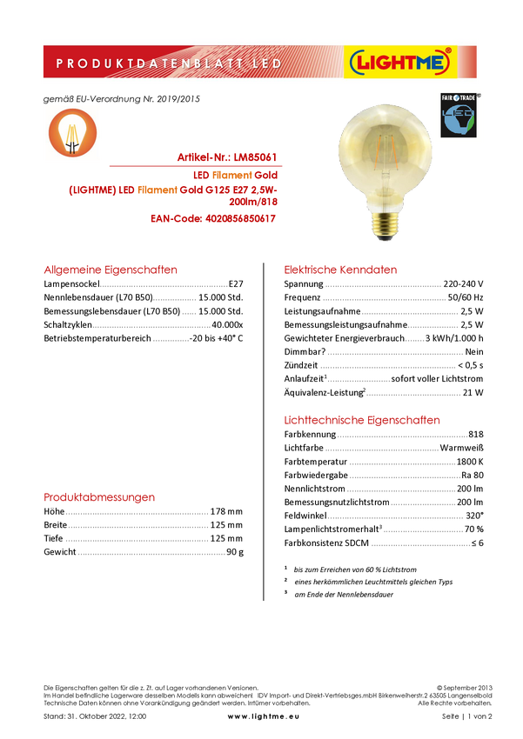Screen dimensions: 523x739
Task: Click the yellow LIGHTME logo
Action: point(399,63)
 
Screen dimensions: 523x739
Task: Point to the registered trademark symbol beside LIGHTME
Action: point(448,51)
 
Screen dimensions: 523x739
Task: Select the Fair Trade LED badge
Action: point(460,116)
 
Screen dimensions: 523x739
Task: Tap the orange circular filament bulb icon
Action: point(72,133)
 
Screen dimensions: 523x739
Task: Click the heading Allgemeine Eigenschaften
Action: point(111,270)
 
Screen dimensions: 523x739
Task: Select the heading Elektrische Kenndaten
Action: point(341,270)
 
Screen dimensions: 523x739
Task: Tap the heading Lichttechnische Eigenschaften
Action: point(363,420)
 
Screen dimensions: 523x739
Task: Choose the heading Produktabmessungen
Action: point(100,498)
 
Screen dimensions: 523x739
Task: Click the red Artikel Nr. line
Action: point(227,158)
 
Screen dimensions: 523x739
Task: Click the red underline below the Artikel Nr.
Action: point(196,165)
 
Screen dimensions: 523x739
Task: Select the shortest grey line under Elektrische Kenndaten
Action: point(415,340)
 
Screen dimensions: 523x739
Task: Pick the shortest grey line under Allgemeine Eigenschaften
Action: point(191,313)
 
